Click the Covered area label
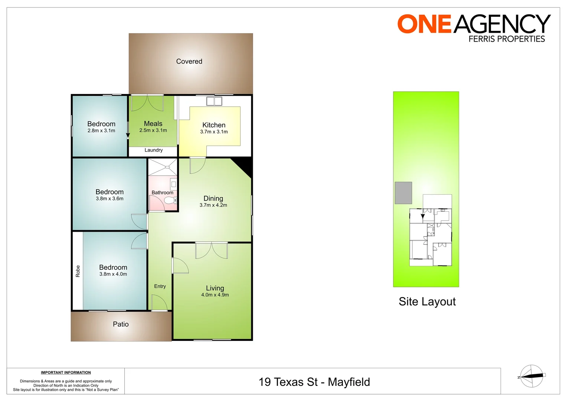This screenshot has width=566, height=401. point(189,62)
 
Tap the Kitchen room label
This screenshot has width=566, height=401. point(214,125)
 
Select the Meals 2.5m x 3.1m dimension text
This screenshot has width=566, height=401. point(153,130)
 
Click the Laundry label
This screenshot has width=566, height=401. point(153,150)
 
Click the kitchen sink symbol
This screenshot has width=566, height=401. point(214,101)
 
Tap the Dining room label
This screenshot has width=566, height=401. point(213,198)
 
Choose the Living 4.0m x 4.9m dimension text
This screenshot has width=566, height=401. point(215,295)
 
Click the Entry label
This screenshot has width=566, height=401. point(160,286)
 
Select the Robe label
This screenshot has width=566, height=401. point(78,271)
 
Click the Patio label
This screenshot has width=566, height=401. point(121,324)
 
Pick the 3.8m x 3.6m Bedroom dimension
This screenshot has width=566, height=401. point(109,199)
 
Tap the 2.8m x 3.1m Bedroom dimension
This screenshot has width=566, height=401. point(101,131)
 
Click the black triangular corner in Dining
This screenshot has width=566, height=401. point(245,164)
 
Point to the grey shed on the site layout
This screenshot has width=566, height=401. point(403,193)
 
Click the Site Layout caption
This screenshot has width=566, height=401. point(427,301)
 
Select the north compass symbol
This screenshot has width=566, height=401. point(531,376)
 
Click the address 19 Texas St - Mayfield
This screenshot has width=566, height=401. point(314,382)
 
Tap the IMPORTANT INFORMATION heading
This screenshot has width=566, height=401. point(66,372)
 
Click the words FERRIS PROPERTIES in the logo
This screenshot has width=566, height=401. point(506,39)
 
